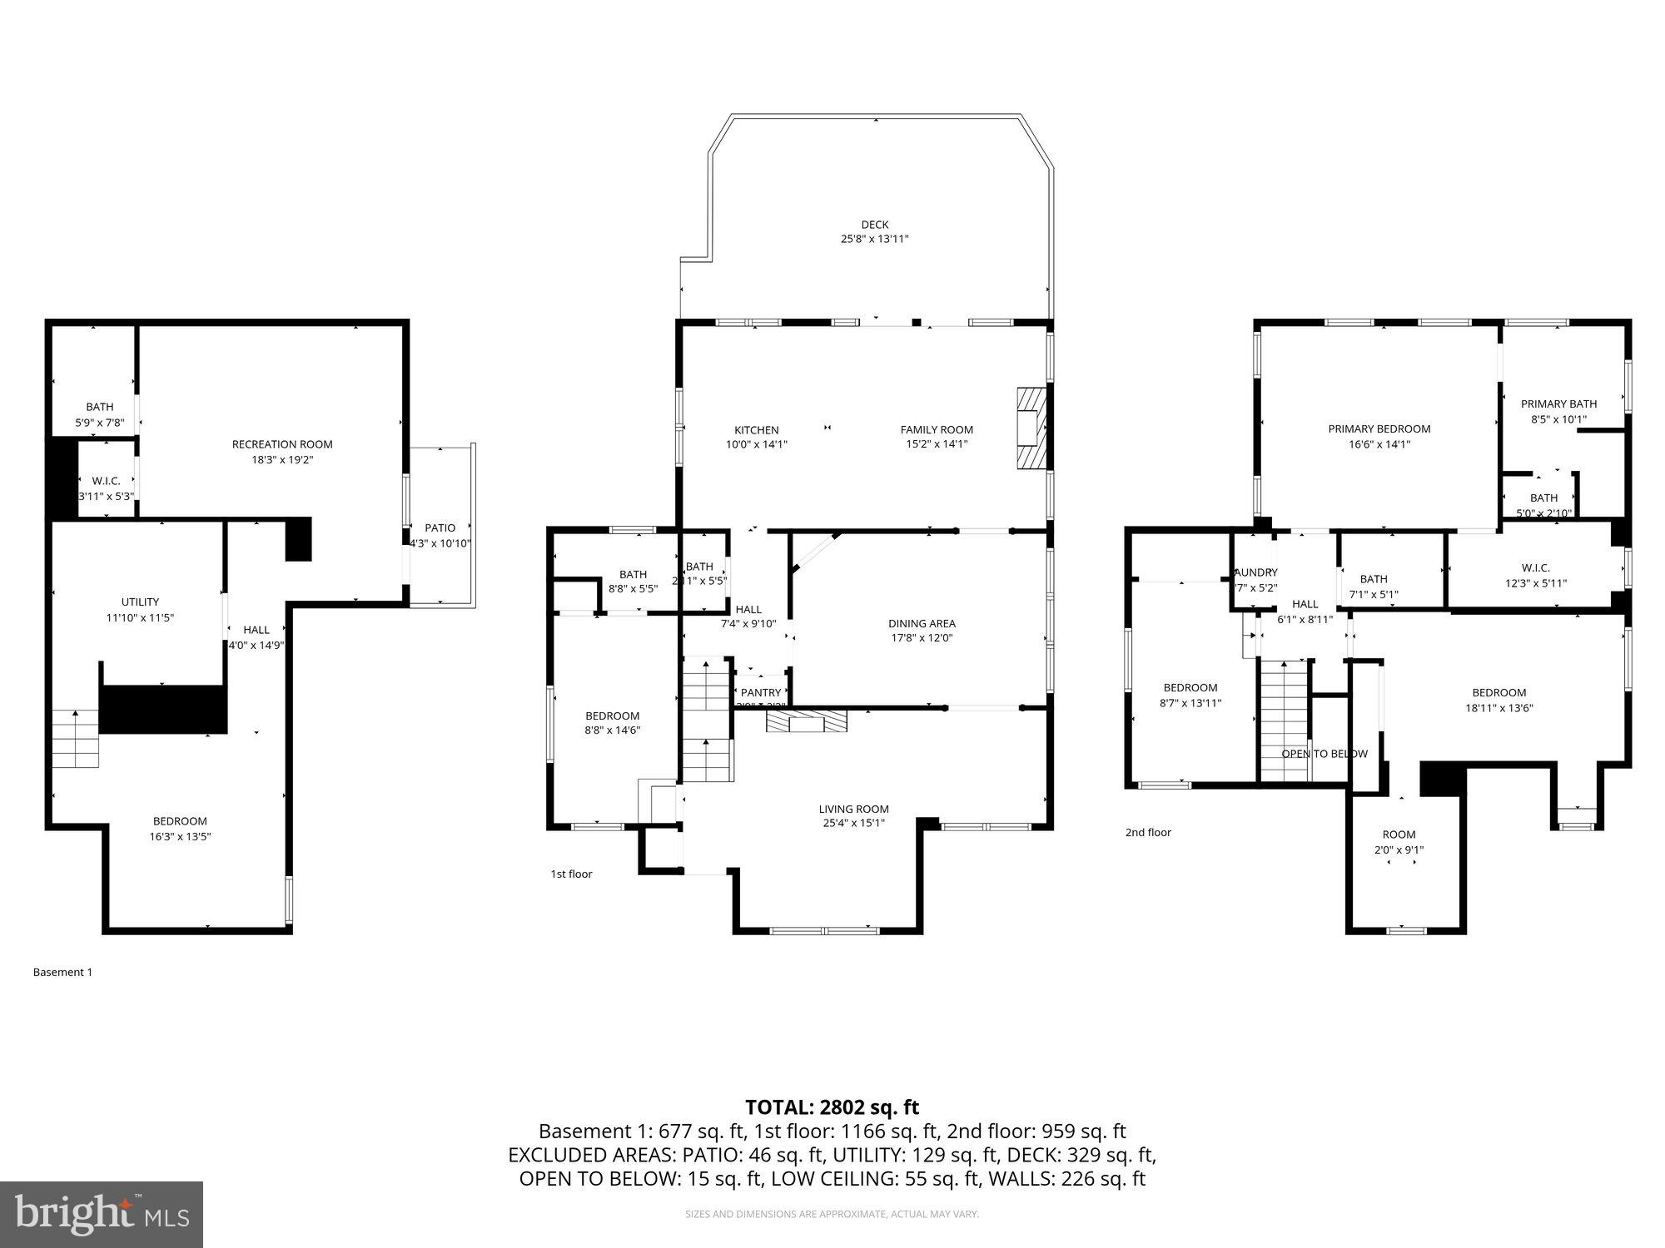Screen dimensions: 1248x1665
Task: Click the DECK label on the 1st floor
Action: click(x=874, y=225)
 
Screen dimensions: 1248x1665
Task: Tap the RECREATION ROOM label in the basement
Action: click(x=282, y=444)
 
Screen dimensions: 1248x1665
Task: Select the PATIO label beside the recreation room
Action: click(x=440, y=528)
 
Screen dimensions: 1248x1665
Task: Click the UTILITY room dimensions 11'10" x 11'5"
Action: click(x=140, y=617)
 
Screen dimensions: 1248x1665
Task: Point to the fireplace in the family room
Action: click(x=1030, y=428)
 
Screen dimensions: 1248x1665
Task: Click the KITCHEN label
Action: click(x=756, y=430)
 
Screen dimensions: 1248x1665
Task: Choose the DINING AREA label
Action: click(x=921, y=623)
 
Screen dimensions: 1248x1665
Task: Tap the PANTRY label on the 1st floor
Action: click(x=761, y=692)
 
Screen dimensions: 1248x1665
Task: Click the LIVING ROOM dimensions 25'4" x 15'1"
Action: click(x=853, y=823)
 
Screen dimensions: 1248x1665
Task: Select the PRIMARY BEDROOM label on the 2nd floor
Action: click(x=1379, y=429)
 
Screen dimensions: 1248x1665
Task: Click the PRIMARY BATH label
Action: click(x=1558, y=404)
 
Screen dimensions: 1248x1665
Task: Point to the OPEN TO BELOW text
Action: click(x=1324, y=754)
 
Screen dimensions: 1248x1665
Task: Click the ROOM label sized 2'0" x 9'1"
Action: click(x=1399, y=834)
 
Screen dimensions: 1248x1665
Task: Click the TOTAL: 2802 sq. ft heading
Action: click(x=832, y=1107)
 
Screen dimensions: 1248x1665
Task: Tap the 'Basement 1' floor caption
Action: click(x=62, y=972)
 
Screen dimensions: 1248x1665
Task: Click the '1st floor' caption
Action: click(x=571, y=874)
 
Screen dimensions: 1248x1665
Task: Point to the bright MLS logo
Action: click(x=102, y=1215)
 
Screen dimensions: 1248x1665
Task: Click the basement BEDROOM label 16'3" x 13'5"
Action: click(x=180, y=821)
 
